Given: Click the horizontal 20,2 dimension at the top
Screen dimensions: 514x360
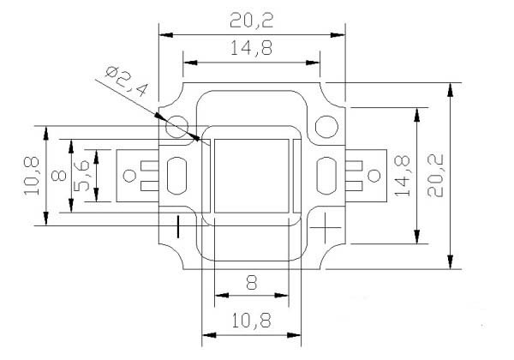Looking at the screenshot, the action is [x=251, y=21].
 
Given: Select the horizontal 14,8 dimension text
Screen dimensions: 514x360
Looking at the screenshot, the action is [x=251, y=48].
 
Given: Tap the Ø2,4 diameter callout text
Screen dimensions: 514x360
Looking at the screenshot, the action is [x=127, y=81].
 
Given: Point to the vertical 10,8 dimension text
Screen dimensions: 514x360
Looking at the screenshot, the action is [x=32, y=177].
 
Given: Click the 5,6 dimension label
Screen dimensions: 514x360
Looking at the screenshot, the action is [x=81, y=176].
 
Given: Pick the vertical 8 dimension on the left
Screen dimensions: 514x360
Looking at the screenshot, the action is [x=59, y=176].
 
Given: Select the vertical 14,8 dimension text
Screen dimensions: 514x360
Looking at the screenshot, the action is [x=403, y=176].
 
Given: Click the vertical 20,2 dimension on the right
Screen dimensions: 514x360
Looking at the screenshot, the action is [x=435, y=176].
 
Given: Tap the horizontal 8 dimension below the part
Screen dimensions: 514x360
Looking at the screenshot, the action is [x=251, y=283].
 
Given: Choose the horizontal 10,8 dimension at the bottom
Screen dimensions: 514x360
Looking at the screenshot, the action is [x=251, y=321].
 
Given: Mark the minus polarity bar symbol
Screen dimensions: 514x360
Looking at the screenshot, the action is [x=178, y=226].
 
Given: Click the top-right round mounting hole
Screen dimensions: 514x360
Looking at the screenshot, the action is [x=326, y=127].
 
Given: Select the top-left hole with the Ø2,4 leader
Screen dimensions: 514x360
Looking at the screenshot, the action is [x=177, y=127].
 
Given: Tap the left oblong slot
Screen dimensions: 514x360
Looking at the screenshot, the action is [x=177, y=176].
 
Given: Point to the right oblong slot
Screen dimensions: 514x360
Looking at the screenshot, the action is [x=326, y=176].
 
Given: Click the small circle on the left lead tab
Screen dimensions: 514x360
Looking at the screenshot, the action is [x=130, y=176].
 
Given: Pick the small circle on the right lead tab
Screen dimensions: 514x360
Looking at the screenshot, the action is [x=374, y=176].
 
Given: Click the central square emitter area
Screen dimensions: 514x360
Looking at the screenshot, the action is [x=251, y=176].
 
